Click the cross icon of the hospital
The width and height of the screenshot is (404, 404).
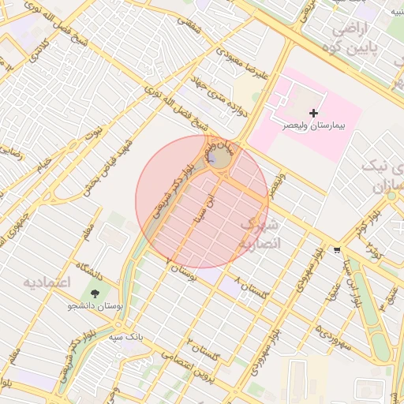pos(314,114)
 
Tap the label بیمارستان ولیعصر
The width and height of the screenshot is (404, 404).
pos(315,126)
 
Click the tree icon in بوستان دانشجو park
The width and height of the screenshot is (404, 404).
pos(95,294)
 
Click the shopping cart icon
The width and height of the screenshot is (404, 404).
pos(338,250)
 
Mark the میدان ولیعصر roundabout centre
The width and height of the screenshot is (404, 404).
pos(220,158)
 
